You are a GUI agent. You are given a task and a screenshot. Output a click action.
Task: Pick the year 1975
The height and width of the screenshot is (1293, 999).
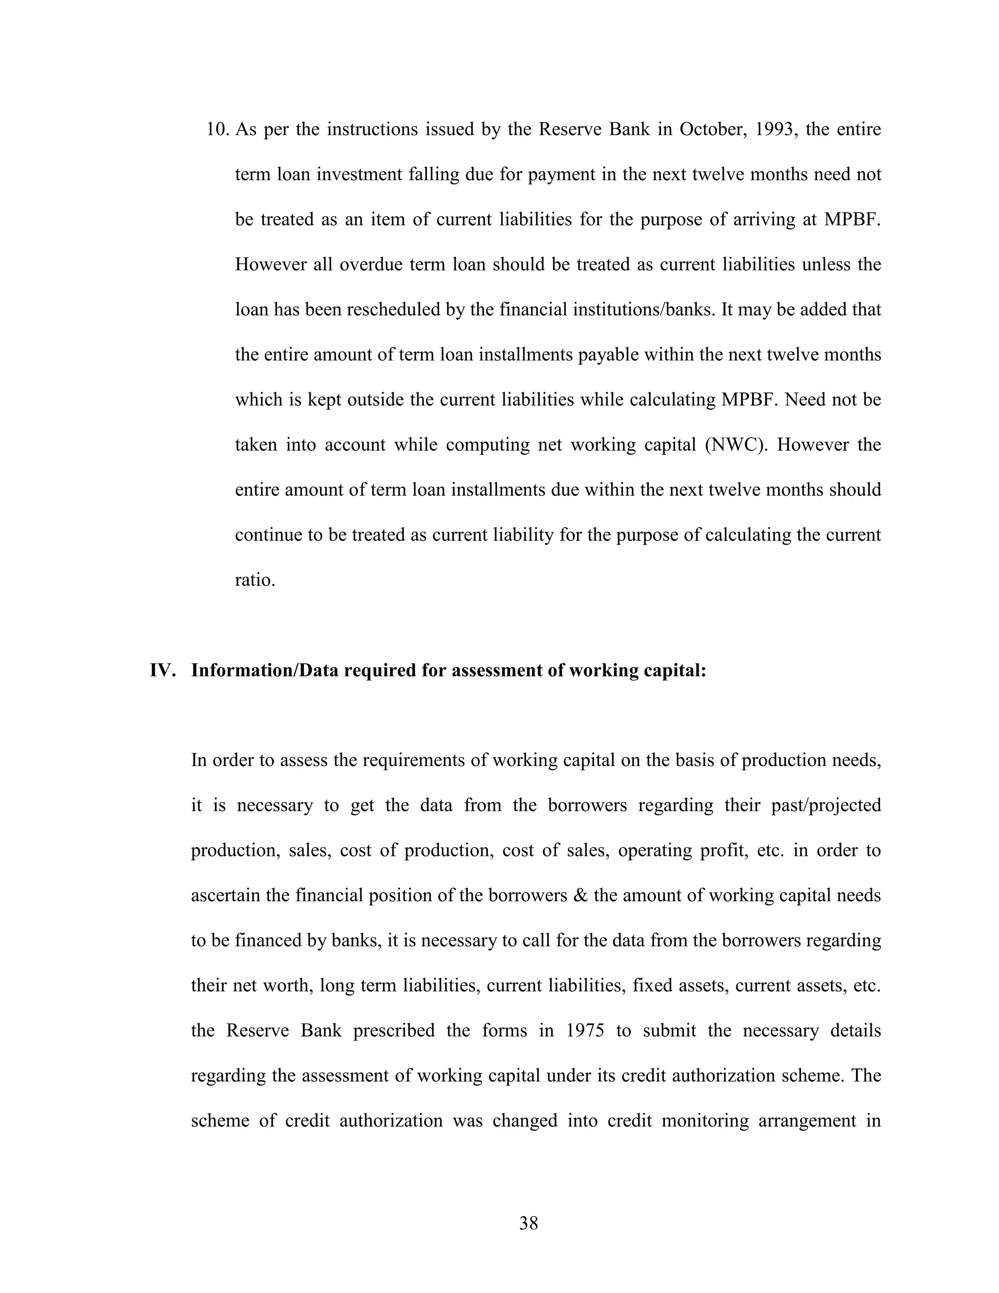[585, 1030]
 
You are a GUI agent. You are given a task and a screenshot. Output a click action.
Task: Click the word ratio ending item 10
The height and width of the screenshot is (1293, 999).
[255, 580]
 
